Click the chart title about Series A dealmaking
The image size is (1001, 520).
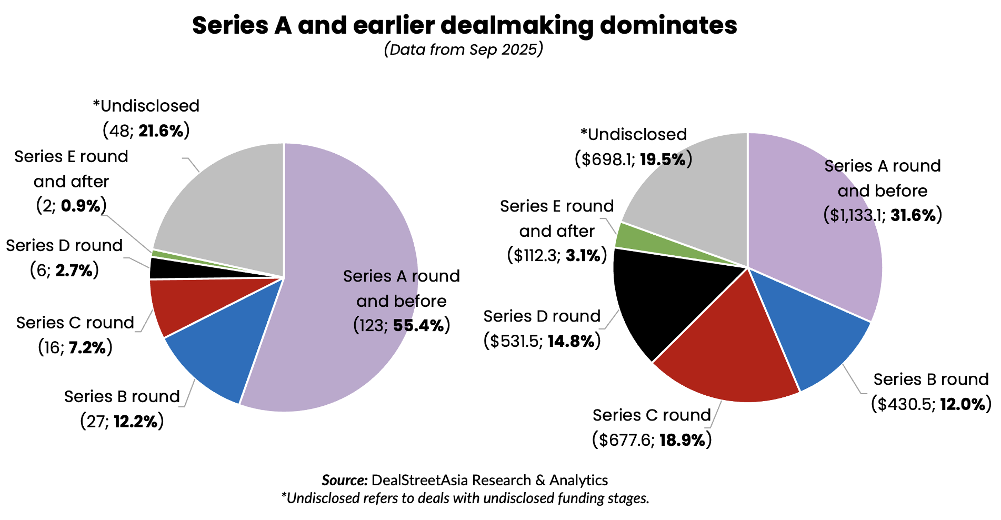click(464, 25)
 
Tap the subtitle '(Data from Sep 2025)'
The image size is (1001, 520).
click(463, 49)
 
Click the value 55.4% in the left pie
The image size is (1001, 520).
click(418, 325)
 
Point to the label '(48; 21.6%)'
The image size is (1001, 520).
click(146, 131)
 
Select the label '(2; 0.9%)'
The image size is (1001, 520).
click(72, 205)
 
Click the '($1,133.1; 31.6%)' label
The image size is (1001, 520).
click(882, 215)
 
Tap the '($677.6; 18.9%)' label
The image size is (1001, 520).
click(652, 439)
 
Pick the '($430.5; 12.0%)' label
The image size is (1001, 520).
click(931, 404)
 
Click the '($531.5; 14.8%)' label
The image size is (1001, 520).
click(542, 341)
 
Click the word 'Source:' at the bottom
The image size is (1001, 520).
click(344, 480)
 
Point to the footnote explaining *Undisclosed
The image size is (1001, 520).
click(465, 498)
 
